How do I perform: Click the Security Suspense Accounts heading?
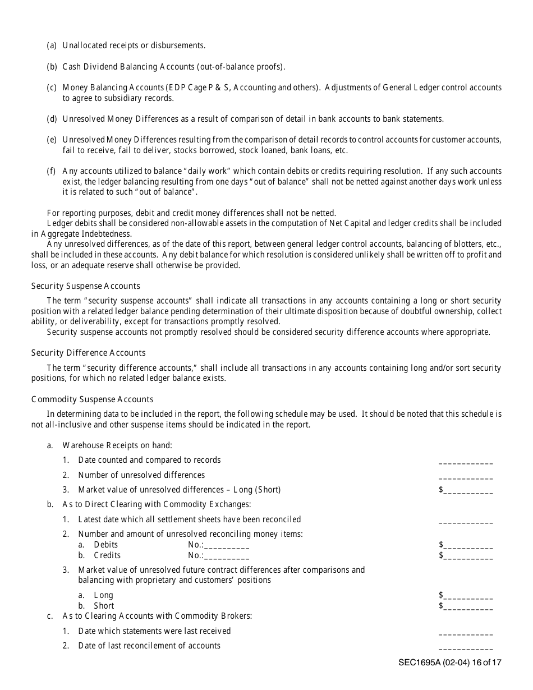[85, 286]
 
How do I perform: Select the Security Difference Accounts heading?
[88, 353]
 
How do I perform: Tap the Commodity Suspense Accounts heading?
[92, 399]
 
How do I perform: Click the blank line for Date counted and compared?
[465, 463]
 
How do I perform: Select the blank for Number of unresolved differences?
[465, 478]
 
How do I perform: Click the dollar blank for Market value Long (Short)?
[468, 493]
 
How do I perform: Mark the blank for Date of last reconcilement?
[465, 649]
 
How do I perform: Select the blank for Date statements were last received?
[465, 634]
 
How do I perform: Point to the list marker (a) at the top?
[52, 45]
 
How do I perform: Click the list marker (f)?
[51, 171]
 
